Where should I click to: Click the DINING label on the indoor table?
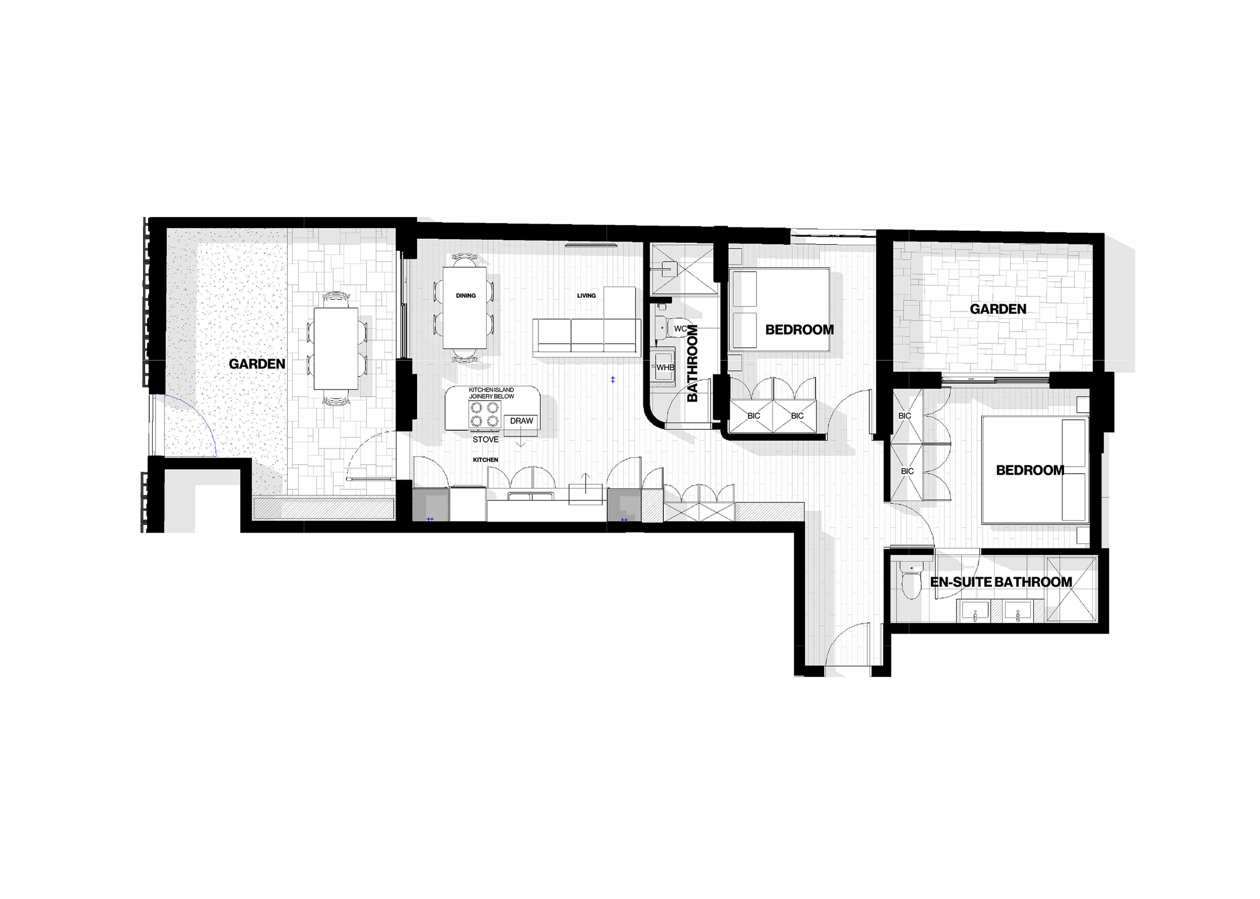[x=466, y=296]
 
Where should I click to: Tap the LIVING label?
[x=586, y=296]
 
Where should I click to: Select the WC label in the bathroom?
[x=680, y=329]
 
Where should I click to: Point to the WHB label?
[x=665, y=367]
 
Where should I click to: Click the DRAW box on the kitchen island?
[x=521, y=421]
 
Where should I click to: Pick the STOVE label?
[x=485, y=439]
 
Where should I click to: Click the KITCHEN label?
[x=485, y=460]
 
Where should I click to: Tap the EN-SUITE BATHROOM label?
[x=1001, y=582]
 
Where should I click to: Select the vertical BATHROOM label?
[x=692, y=363]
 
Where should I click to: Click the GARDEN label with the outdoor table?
[x=257, y=364]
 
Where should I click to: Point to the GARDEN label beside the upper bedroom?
[x=997, y=309]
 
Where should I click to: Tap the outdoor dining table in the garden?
[x=336, y=349]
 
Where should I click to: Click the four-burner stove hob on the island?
[x=484, y=414]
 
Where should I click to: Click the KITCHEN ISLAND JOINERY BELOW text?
[x=491, y=393]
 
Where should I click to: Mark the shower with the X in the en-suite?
[x=1071, y=589]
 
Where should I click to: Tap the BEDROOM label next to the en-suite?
[x=1030, y=471]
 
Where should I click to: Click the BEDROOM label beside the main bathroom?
[x=799, y=330]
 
